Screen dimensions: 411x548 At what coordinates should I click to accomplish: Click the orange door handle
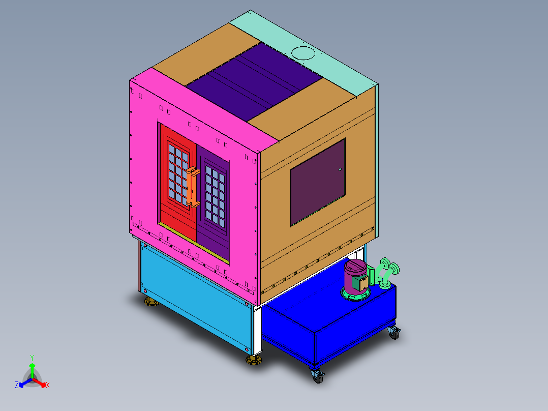tap(192, 187)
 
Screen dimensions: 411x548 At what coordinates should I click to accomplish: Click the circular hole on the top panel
tap(303, 52)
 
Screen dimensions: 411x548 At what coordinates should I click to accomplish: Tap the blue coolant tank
tap(330, 326)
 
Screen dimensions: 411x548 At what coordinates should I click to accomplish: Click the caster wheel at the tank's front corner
tap(317, 377)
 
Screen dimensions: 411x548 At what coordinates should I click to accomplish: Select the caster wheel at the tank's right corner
tap(394, 333)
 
